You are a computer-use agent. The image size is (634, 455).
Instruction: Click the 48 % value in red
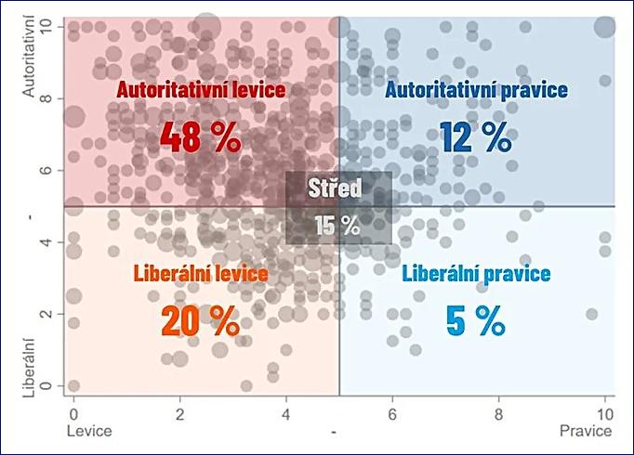coord(200,136)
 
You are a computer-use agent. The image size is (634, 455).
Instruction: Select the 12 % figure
coord(476,136)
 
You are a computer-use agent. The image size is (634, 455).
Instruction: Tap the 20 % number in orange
coord(200,320)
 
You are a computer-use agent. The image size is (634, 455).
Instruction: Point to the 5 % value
coord(476,320)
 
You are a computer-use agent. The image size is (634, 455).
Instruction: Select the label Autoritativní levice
coord(201,89)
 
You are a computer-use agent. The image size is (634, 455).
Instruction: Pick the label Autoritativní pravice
coord(477,89)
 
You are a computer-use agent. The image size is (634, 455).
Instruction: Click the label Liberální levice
coord(201,274)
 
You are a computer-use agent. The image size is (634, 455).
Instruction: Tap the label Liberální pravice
coord(477,274)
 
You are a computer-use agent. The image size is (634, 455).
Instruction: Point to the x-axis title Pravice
coord(586,432)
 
